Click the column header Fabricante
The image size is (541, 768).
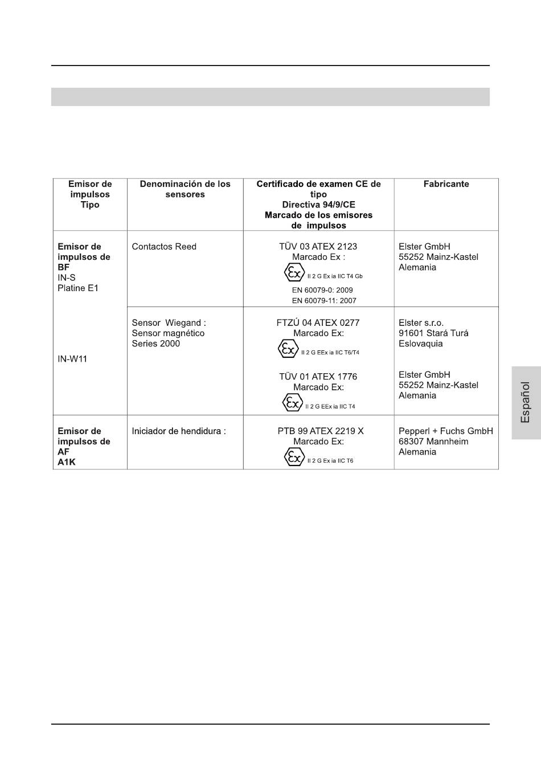446,184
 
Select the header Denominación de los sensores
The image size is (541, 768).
185,189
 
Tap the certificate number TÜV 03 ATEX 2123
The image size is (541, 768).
318,247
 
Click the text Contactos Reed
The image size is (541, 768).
164,247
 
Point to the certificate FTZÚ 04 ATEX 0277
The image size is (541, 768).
318,322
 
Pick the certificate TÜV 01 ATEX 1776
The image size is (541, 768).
318,377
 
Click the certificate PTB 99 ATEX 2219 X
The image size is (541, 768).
321,431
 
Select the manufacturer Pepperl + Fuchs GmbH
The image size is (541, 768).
446,431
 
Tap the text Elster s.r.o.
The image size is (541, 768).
421,322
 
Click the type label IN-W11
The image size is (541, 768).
72,359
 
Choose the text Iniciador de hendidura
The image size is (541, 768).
179,431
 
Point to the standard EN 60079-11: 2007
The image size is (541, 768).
324,300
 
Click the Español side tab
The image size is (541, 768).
526,402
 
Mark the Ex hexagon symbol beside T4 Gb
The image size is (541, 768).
294,273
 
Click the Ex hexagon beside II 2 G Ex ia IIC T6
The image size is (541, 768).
294,457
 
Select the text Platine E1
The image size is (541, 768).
78,288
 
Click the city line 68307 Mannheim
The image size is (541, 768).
433,442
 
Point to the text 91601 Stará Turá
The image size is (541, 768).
433,333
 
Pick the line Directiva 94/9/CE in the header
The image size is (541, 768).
318,205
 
